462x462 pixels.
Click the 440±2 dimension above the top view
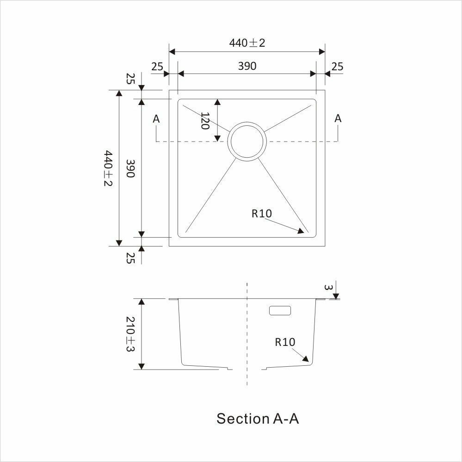247,43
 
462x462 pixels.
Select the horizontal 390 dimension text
247,66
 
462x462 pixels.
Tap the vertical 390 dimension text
130,168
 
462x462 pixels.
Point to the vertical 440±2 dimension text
108,168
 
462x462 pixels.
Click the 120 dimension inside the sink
204,121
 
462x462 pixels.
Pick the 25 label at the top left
157,67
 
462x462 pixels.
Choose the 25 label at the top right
337,67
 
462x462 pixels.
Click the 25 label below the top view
130,259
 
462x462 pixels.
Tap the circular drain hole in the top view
247,142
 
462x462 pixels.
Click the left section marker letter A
156,119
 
